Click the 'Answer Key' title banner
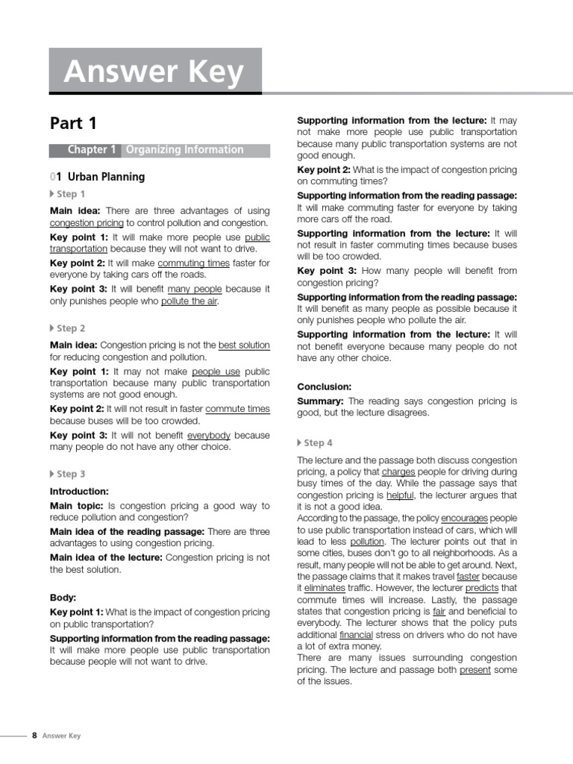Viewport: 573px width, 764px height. pyautogui.click(x=154, y=72)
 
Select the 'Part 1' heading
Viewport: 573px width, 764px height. pyautogui.click(x=73, y=123)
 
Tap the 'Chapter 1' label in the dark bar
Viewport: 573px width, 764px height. pyautogui.click(x=92, y=150)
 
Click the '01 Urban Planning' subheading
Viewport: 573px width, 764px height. pyautogui.click(x=97, y=177)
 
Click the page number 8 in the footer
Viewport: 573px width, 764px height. pyautogui.click(x=34, y=736)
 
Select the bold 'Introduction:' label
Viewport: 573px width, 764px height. pyautogui.click(x=79, y=492)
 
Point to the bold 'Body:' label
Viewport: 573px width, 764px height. pyautogui.click(x=63, y=598)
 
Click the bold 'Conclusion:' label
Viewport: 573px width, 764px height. pyautogui.click(x=324, y=386)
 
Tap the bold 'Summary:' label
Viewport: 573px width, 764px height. pyautogui.click(x=321, y=401)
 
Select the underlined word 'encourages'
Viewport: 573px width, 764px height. pyautogui.click(x=464, y=518)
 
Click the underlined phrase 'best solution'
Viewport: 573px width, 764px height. pyautogui.click(x=244, y=345)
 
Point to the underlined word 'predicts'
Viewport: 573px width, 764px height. pyautogui.click(x=482, y=588)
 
